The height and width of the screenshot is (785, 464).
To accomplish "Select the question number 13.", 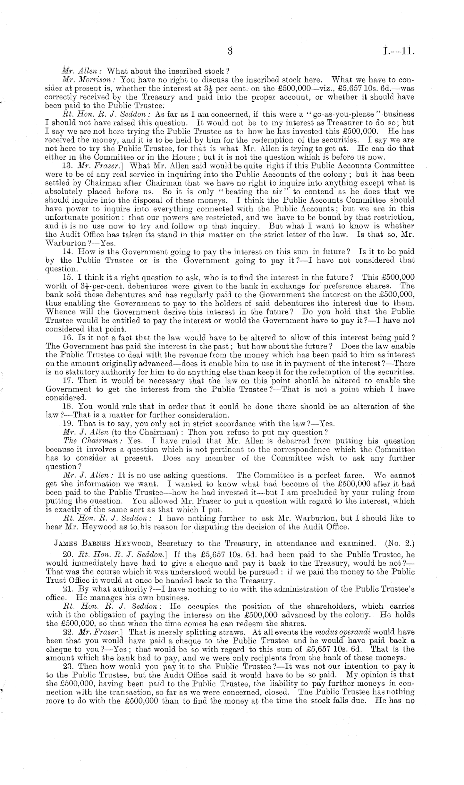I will [x=67, y=165].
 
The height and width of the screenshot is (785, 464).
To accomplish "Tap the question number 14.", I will [x=67, y=252].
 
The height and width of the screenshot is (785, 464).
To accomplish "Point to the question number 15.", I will [x=67, y=277].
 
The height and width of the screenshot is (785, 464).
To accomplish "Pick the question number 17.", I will [x=67, y=381].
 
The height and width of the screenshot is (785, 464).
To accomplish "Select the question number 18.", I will [x=67, y=406].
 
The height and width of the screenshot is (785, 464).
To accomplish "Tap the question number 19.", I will [x=67, y=424].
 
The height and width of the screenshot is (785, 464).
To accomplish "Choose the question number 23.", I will [x=67, y=667].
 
